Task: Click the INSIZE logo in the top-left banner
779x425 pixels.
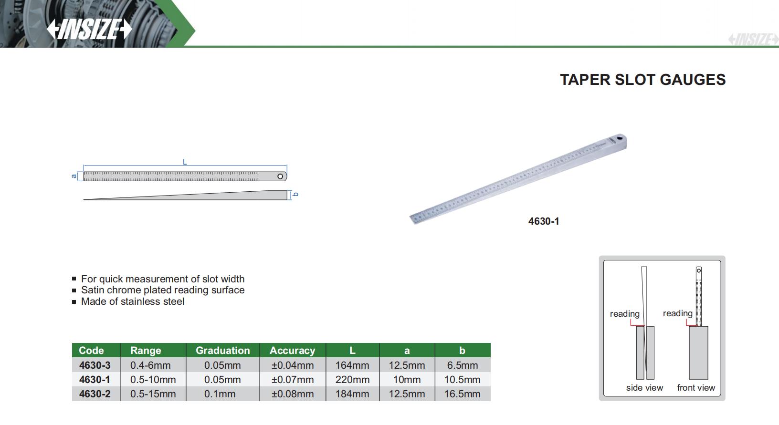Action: coord(89,29)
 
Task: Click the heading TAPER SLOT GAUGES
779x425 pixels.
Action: coord(642,80)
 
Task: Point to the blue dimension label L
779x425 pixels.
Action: coord(185,162)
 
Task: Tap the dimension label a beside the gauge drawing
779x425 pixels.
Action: coord(74,176)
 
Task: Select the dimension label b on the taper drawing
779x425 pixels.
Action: coord(295,194)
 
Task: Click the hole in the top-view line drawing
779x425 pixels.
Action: coord(280,176)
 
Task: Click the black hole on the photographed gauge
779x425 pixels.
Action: coord(620,139)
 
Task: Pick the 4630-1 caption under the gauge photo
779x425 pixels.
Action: coord(544,221)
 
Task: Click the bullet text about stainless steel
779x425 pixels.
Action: coord(133,301)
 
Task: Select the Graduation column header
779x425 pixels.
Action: coord(222,350)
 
